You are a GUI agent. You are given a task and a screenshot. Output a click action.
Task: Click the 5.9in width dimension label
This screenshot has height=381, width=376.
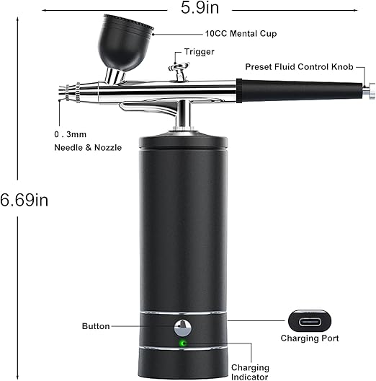click(200, 7)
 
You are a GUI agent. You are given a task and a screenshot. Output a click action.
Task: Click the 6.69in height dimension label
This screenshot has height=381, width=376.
click(24, 200)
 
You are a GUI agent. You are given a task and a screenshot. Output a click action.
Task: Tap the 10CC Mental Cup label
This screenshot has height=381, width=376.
click(241, 33)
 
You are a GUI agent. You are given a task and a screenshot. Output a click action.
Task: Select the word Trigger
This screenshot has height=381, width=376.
click(199, 52)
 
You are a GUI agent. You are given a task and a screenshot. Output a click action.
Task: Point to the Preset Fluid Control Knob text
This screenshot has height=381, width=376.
click(299, 67)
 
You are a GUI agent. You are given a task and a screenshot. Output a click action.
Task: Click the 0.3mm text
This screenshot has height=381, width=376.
click(71, 134)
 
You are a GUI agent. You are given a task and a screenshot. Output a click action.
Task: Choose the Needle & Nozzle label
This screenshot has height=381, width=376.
click(88, 147)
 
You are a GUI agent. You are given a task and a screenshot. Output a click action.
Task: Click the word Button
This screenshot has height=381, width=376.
click(96, 326)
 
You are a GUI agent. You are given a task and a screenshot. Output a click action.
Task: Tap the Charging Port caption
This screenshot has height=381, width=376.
click(310, 338)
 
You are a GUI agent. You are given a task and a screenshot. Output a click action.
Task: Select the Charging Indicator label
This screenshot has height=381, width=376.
click(250, 372)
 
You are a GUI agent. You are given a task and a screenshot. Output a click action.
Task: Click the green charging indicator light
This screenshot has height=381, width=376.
click(183, 343)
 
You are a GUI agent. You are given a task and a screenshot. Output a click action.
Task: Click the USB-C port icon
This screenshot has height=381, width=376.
click(310, 321)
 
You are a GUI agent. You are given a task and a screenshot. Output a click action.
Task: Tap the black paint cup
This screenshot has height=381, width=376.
click(124, 44)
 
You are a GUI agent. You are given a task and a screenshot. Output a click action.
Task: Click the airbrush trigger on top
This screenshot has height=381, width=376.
click(179, 70)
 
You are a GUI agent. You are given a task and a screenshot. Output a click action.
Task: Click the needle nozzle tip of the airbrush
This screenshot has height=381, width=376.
click(63, 92)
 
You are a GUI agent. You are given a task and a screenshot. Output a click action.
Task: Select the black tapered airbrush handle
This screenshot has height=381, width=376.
click(299, 91)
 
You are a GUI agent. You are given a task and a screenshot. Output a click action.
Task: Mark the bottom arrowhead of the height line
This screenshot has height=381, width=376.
click(17, 377)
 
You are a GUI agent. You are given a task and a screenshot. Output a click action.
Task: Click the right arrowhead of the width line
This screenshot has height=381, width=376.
click(355, 10)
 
